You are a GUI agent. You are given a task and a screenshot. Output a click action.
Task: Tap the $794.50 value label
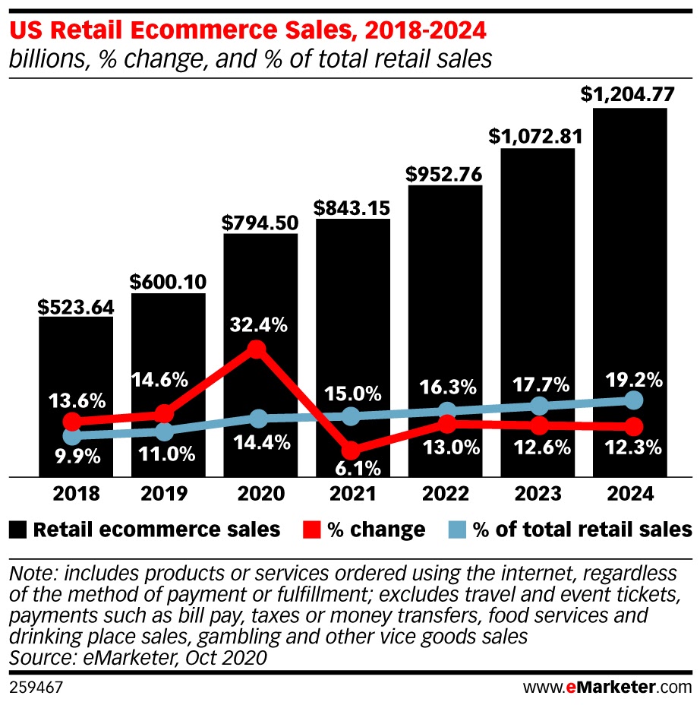coord(260,223)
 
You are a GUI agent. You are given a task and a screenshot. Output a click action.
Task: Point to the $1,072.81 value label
coord(536,137)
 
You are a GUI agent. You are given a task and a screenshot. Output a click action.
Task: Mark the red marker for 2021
coord(350,449)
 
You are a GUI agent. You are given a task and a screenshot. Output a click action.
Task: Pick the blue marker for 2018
coord(72,436)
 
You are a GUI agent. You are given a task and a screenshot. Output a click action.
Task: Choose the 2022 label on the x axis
coord(445,494)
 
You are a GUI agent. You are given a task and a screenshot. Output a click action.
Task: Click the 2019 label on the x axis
coord(165,494)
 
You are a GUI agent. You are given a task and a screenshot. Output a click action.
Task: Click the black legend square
coord(19,529)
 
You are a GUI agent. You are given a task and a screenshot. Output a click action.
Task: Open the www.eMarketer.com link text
coord(607,688)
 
